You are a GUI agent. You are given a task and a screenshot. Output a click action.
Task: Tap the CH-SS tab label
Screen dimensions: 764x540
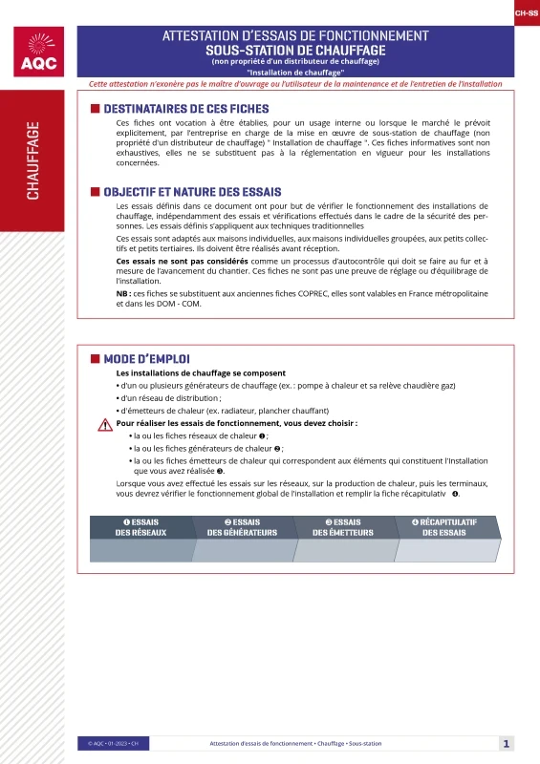pos(526,14)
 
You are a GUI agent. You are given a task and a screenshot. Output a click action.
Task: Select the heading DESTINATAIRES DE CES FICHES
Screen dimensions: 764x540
pos(185,109)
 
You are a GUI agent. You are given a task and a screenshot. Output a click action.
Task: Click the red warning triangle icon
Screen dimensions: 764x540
pos(104,425)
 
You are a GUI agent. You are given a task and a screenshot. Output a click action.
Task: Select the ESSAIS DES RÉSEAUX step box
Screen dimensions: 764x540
pos(140,527)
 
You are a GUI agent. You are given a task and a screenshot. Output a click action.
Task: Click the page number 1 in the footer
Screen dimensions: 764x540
pos(507,743)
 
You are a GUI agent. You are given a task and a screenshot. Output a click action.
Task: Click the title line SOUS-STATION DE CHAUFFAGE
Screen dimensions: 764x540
pos(295,50)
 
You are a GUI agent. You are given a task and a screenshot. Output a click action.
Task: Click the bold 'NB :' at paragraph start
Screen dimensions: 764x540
pos(123,294)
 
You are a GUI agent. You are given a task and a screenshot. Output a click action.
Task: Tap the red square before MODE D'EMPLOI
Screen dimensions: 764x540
pos(95,358)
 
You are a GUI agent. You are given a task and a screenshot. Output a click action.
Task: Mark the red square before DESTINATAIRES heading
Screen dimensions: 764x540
pos(95,109)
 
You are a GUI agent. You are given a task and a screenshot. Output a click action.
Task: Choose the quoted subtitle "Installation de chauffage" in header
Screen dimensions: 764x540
pos(295,73)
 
